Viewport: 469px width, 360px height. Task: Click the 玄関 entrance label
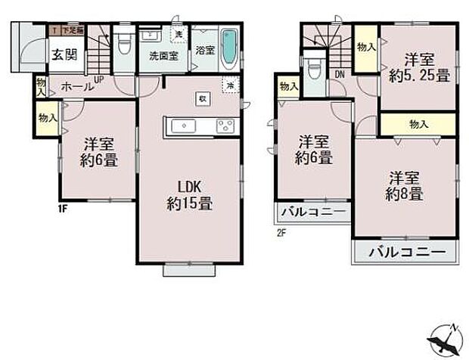pyautogui.click(x=64, y=54)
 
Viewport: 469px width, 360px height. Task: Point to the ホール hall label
pyautogui.click(x=78, y=86)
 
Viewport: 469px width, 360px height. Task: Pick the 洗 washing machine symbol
pyautogui.click(x=178, y=35)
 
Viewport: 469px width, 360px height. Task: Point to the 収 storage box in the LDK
pyautogui.click(x=201, y=98)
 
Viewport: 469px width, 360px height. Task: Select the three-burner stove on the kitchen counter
pyautogui.click(x=225, y=126)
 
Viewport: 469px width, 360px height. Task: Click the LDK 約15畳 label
pyautogui.click(x=189, y=194)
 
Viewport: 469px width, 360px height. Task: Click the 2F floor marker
pyautogui.click(x=281, y=232)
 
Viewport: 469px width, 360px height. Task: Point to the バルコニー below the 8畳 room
pyautogui.click(x=405, y=253)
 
